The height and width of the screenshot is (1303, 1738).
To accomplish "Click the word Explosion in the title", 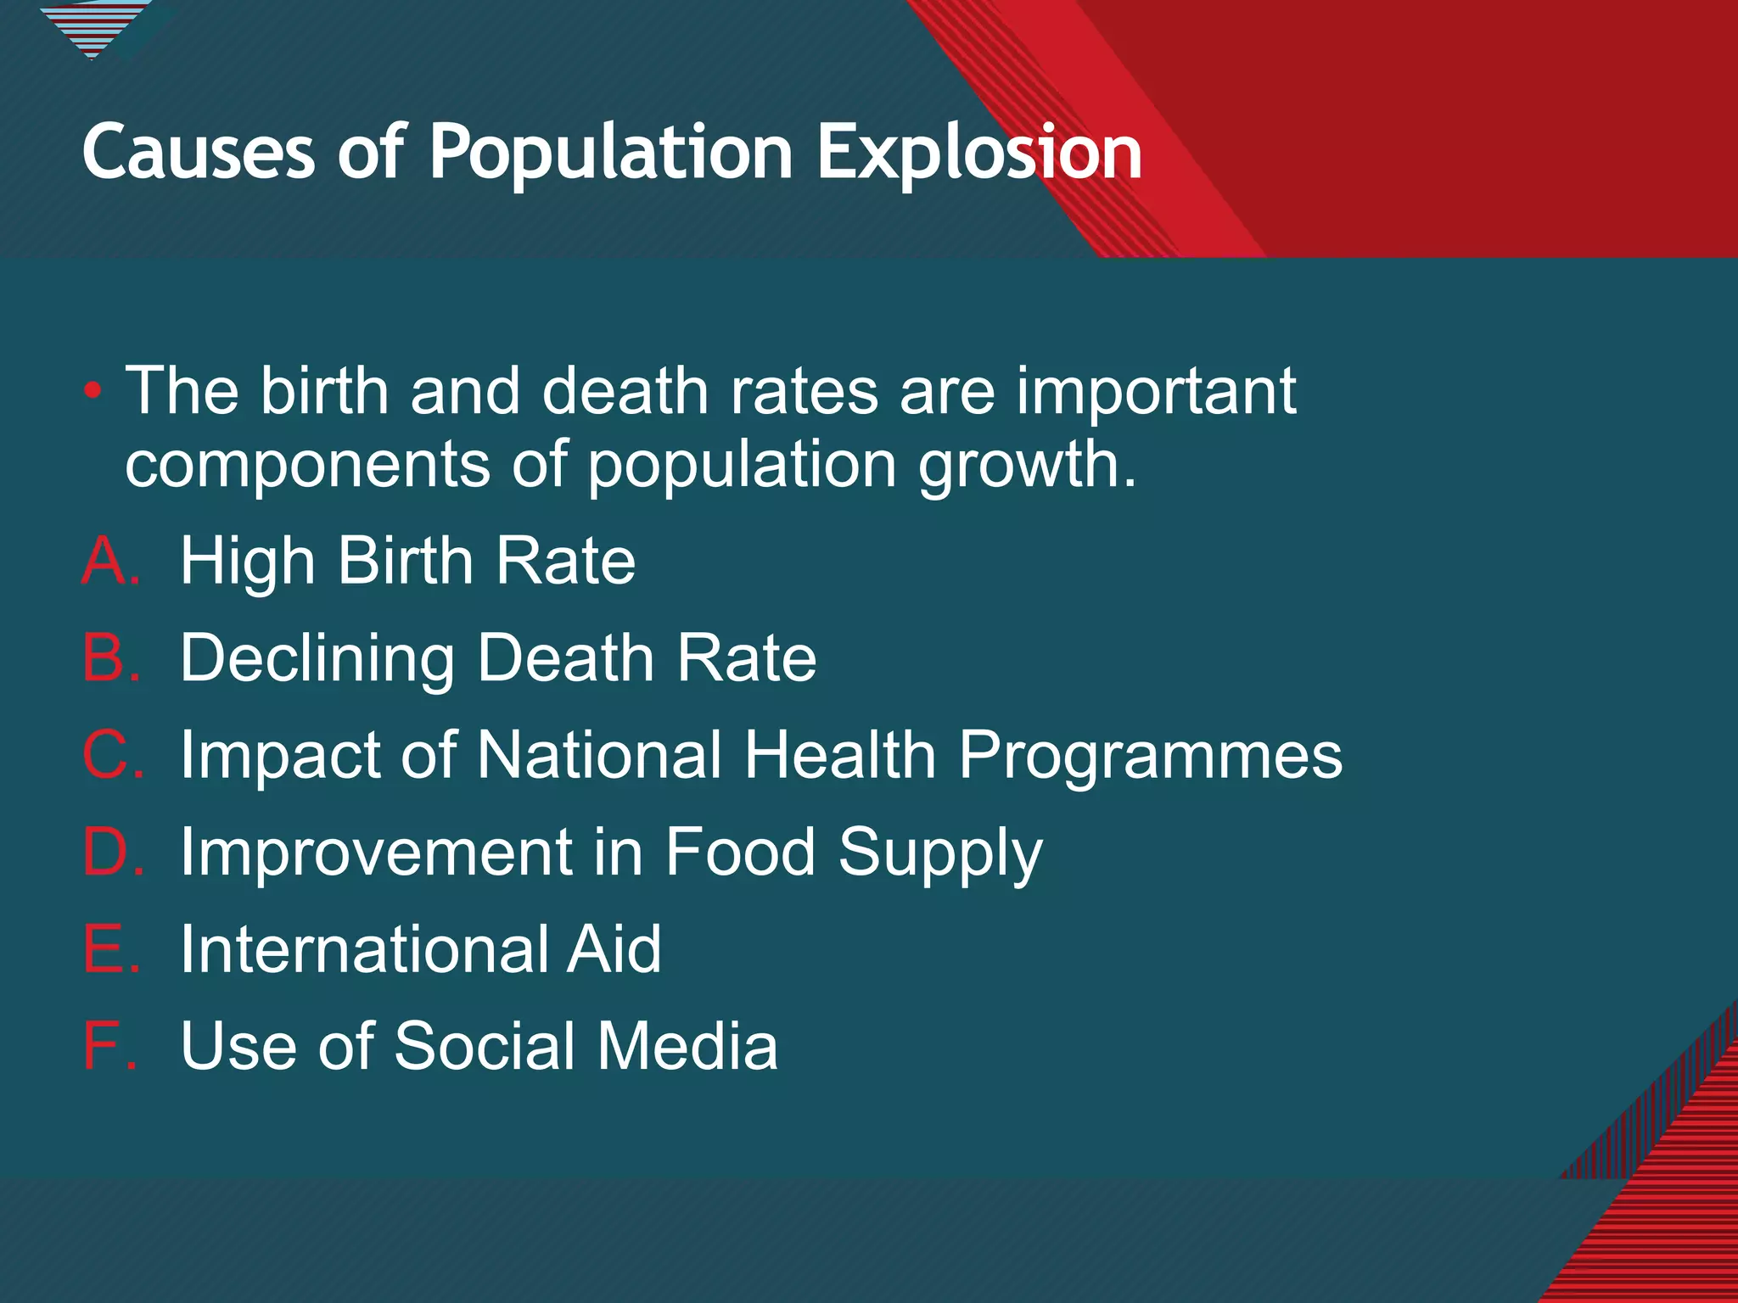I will (978, 153).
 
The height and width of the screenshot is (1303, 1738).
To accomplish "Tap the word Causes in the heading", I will (199, 153).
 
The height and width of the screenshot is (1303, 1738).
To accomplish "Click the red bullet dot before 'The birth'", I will (93, 392).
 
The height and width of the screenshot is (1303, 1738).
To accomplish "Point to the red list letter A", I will (108, 561).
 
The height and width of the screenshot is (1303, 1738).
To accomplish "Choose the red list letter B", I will (108, 657).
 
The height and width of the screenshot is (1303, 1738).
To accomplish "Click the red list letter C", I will (109, 754).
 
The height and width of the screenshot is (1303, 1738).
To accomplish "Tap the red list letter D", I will (109, 852).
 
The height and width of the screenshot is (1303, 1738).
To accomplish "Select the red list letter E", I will (108, 948).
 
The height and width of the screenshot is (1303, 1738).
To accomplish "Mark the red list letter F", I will (105, 1045).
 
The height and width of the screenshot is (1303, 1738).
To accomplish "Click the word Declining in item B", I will (317, 659).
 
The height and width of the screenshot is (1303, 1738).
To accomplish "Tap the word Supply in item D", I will (939, 853).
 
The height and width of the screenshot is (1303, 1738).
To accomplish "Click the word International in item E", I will (362, 948).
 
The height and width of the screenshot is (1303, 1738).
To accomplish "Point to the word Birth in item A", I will (405, 561).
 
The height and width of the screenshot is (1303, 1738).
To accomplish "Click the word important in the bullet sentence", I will (1156, 392).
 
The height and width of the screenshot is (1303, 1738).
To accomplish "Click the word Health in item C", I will (839, 754).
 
